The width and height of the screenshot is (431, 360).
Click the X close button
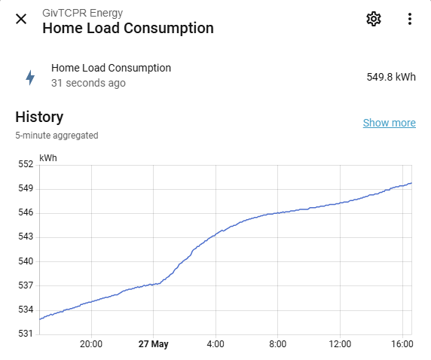tap(21, 19)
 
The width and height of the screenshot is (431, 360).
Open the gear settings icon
tap(374, 19)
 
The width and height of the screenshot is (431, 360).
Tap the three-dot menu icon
tap(410, 19)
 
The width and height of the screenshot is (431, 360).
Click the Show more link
tap(390, 123)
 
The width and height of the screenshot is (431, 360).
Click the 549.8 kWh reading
tap(391, 77)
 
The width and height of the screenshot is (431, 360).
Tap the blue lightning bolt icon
tap(30, 78)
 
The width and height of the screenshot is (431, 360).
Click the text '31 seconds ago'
tap(88, 83)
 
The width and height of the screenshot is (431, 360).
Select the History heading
tap(39, 117)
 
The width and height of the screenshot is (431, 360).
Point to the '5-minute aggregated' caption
tap(57, 136)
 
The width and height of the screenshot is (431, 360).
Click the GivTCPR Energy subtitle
tap(82, 13)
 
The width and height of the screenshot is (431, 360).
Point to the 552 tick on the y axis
tap(26, 164)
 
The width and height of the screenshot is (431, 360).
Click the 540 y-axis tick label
tap(26, 261)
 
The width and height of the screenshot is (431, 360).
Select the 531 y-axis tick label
tap(26, 334)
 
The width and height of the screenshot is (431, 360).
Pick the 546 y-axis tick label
tap(26, 212)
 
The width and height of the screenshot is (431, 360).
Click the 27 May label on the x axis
tap(154, 344)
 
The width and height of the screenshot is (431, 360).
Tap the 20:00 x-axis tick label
tap(91, 344)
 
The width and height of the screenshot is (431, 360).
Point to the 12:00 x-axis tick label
tap(340, 344)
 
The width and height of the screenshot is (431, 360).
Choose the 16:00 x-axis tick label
tap(402, 344)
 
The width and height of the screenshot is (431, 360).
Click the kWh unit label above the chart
tap(48, 158)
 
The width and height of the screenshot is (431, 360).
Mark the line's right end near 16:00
tap(411, 183)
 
